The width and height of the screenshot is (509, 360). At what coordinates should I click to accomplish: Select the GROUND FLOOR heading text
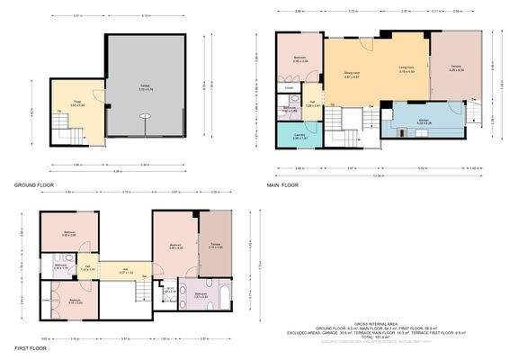click(34, 185)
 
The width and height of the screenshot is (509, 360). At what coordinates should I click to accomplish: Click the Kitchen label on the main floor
click(424, 121)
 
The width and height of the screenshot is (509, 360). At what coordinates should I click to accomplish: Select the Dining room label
click(353, 75)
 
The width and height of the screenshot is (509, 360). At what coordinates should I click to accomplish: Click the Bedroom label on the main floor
click(299, 59)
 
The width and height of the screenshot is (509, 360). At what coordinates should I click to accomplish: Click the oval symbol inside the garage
click(146, 116)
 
